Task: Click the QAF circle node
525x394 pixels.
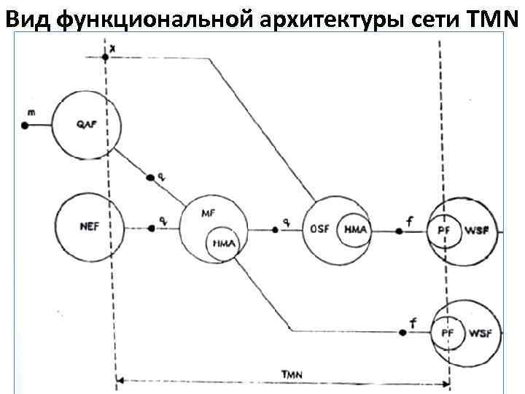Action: pyautogui.click(x=85, y=124)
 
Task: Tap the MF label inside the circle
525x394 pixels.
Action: pyautogui.click(x=208, y=212)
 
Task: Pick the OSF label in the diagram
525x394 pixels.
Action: pyautogui.click(x=321, y=229)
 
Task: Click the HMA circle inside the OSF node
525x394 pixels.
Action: pyautogui.click(x=355, y=230)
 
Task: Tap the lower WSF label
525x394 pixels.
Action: pyautogui.click(x=480, y=333)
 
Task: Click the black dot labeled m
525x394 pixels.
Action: pyautogui.click(x=25, y=125)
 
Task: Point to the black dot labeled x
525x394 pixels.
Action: pyautogui.click(x=106, y=57)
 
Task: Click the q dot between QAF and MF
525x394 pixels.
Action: pyautogui.click(x=150, y=177)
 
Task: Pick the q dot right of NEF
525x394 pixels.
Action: pyautogui.click(x=151, y=228)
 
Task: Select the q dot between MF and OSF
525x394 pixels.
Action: pyautogui.click(x=276, y=230)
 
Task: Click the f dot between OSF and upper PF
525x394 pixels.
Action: pyautogui.click(x=399, y=231)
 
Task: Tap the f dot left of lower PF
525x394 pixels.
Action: pyautogui.click(x=402, y=332)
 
